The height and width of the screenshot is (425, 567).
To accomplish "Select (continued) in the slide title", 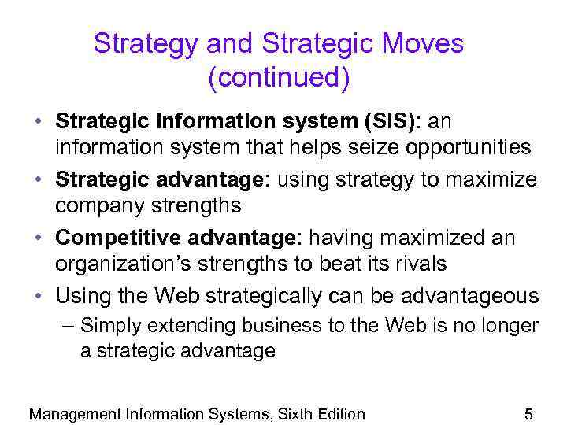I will tap(279, 78).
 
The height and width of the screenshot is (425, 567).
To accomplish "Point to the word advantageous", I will tap(470, 297).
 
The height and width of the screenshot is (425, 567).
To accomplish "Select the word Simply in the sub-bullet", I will tap(110, 325).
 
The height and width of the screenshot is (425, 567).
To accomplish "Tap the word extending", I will tap(187, 325).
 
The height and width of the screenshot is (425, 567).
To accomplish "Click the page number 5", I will tap(529, 414).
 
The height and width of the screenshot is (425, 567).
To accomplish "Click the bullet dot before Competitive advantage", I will tap(38, 238).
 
